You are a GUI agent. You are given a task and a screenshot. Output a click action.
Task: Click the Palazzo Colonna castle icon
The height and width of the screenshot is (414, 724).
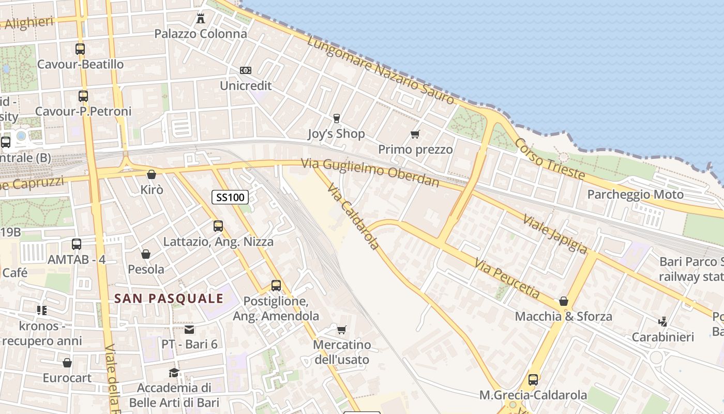tap(201, 19)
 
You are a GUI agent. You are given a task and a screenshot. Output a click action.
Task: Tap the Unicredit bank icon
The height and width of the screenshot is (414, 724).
tap(246, 70)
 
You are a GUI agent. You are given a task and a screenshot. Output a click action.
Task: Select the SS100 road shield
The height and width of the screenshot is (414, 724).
tap(230, 197)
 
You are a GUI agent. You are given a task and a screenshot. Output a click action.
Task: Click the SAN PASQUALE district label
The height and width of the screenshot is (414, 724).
tap(169, 299)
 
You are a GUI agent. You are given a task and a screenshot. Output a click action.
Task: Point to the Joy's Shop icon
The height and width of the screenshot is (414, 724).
tap(337, 119)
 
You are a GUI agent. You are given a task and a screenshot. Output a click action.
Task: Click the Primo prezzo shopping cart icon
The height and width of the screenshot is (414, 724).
tap(415, 135)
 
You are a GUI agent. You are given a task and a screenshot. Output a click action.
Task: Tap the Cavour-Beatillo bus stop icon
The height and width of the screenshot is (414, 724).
tap(80, 49)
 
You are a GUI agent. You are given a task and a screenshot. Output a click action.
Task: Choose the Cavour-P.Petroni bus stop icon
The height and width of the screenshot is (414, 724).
tap(83, 96)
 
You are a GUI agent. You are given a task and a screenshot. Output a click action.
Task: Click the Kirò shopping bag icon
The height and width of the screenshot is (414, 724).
tap(152, 175)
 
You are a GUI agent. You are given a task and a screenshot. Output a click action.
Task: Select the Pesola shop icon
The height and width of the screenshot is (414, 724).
tap(146, 254)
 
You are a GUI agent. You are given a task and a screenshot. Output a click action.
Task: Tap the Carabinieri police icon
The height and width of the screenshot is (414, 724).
tap(663, 322)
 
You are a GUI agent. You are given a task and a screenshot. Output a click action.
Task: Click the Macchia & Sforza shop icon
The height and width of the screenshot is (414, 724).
tap(564, 301)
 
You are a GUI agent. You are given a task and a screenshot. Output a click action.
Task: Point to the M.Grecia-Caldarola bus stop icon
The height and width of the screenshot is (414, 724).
tap(533, 380)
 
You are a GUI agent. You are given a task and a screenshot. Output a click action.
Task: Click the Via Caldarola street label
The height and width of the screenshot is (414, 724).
tap(354, 217)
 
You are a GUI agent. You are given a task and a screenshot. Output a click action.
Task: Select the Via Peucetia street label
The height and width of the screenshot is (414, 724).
tap(507, 280)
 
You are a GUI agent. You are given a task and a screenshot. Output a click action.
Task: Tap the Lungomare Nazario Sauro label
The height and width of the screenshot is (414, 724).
tap(381, 70)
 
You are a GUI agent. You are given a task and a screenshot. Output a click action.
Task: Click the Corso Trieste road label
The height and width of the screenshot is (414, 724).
tap(550, 159)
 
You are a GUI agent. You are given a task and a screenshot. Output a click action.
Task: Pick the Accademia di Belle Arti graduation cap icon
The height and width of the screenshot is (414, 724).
tap(174, 373)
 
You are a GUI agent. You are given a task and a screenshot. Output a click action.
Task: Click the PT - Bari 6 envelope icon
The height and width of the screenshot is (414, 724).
tap(190, 330)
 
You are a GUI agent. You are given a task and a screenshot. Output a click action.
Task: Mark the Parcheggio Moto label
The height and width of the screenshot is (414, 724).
tap(636, 195)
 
